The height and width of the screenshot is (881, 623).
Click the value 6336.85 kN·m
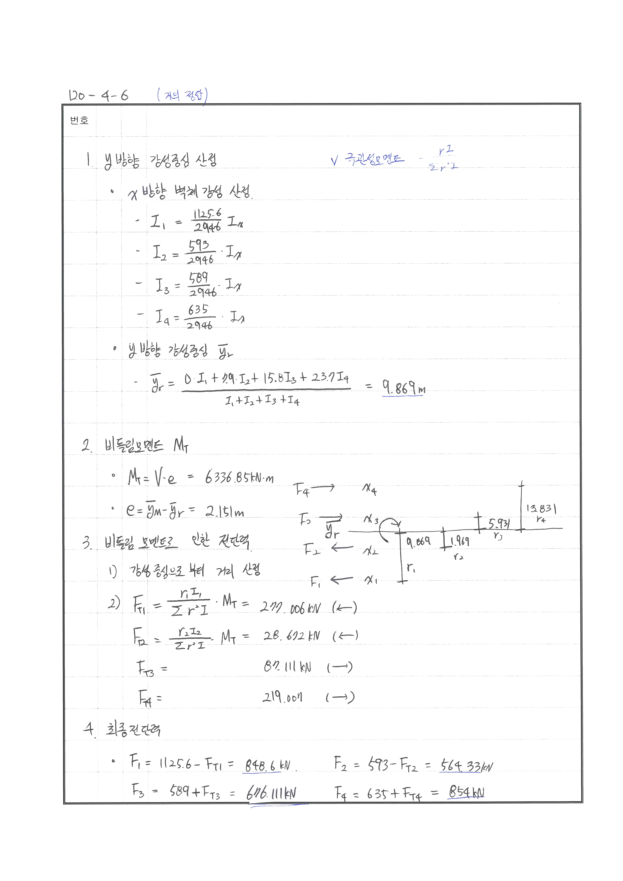pos(239,478)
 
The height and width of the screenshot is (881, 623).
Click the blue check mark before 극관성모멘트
pos(334,161)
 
